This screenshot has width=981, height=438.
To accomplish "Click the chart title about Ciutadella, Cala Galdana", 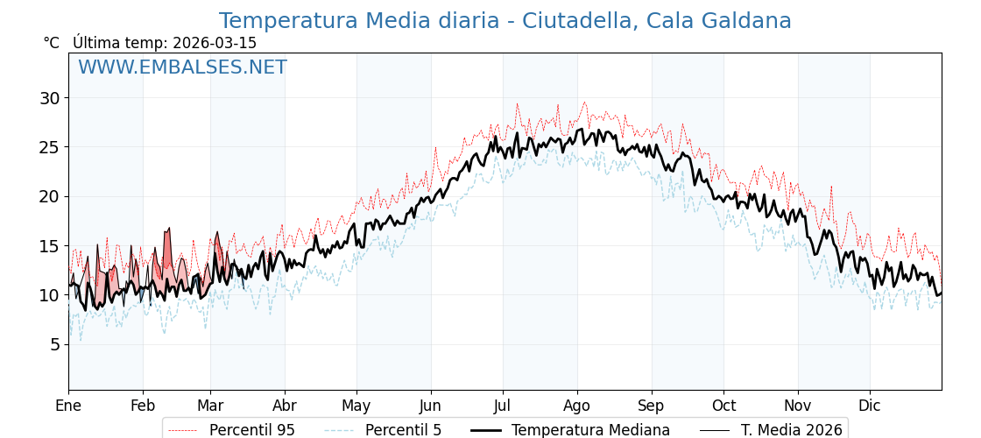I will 505,21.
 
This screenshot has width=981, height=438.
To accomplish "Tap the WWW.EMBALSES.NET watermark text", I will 182,67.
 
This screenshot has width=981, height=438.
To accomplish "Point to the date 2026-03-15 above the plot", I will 215,43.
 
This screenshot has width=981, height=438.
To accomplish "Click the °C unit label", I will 52,43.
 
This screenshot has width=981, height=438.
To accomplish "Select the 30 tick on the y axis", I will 50,98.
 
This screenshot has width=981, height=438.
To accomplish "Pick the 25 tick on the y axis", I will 50,147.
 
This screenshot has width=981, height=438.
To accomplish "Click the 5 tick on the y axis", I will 54,344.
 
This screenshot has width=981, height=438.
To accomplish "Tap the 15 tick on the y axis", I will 50,246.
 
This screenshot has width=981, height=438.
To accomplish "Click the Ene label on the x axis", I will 68,406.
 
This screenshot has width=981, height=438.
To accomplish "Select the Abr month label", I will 285,406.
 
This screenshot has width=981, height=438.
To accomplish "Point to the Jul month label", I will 503,406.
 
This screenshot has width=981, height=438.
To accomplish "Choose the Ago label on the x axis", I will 577,406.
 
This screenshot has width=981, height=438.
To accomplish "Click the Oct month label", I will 723,406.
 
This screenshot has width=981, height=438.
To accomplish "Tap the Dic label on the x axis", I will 870,406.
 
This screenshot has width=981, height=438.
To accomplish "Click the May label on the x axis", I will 356,406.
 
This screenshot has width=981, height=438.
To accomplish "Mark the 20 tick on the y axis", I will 50,196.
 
